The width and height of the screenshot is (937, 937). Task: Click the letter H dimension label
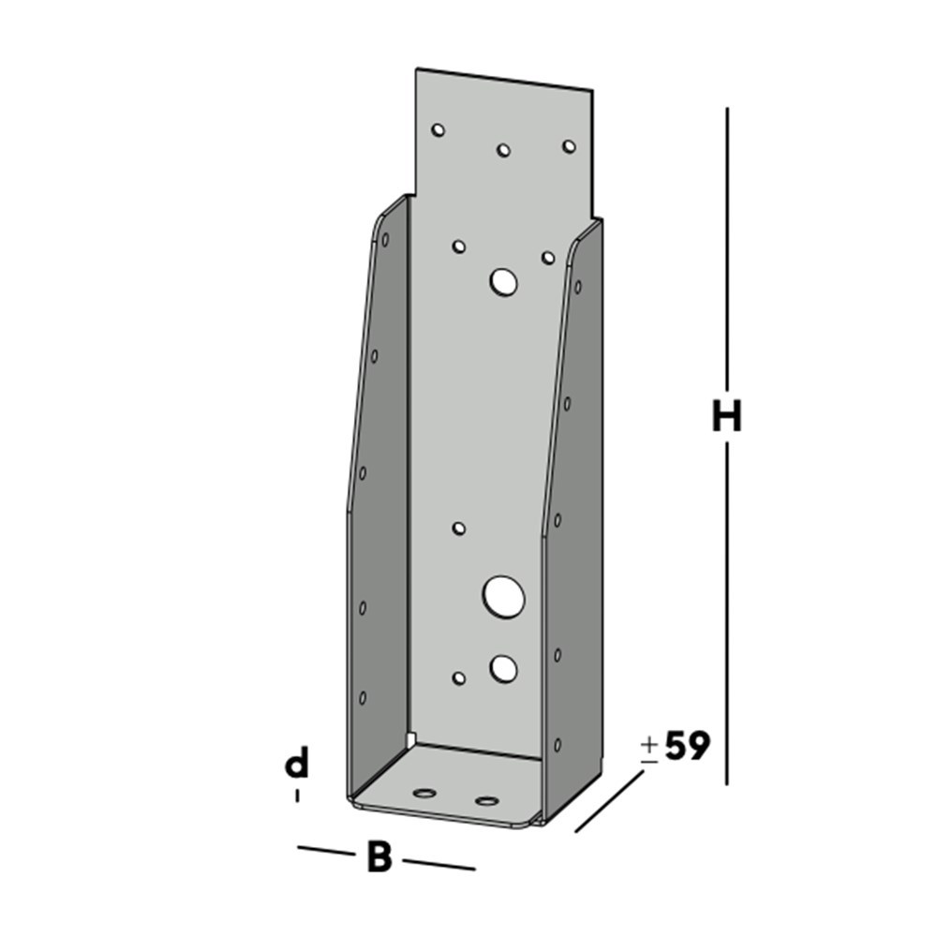pos(726,417)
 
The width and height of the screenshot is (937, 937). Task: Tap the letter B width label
pos(379,857)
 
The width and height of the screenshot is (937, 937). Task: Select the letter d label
pos(297,765)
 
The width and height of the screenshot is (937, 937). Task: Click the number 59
pos(687,747)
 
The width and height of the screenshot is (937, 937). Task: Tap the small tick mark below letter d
pos(297,796)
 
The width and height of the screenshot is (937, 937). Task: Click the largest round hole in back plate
pos(503,597)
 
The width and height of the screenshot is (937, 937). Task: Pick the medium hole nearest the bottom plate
pos(503,668)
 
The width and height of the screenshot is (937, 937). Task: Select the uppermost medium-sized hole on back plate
pos(504,281)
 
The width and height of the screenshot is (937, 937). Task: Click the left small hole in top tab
pos(438,130)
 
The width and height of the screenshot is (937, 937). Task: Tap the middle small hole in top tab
pos(503,150)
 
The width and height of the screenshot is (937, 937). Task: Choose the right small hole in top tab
pos(568,146)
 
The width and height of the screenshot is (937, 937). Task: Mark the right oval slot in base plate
pos(486,801)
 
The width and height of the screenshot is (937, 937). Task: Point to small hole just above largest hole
pos(459,528)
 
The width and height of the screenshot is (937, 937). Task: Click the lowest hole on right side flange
pos(558,744)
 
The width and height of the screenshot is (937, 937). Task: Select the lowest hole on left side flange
pos(363,698)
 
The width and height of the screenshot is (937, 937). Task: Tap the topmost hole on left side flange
pos(384,240)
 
